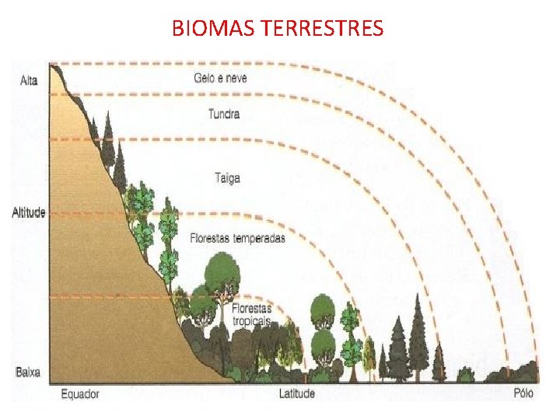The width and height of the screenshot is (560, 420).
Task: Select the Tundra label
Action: (224, 114)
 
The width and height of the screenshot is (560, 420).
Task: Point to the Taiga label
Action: (227, 178)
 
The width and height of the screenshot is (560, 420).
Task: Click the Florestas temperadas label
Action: (237, 238)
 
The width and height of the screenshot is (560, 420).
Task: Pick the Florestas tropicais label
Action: (250, 314)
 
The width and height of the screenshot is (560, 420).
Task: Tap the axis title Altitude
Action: (29, 212)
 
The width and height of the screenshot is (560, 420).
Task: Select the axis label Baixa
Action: (28, 372)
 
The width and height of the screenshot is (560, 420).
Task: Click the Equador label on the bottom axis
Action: (81, 394)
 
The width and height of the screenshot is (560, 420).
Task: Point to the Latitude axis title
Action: (297, 394)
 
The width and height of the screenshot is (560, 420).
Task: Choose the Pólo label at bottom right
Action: (524, 394)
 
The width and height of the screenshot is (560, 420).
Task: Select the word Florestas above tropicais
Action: (250, 309)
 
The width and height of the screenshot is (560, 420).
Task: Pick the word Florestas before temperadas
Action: (208, 238)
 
